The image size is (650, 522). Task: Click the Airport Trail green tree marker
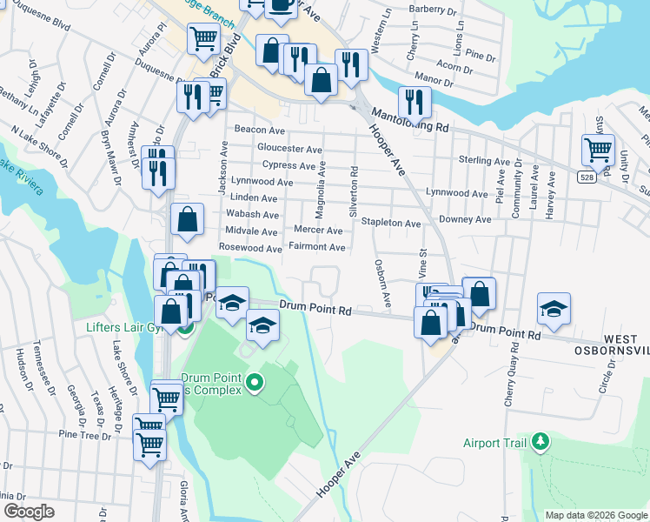coord(541,443)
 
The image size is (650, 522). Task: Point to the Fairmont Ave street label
coord(317,248)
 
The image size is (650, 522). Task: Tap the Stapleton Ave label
coord(391,223)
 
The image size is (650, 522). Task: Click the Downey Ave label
coord(465,221)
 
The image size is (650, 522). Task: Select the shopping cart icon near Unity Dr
coord(598,150)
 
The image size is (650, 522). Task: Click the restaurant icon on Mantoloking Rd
coord(415,102)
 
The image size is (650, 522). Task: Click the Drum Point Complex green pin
coord(254,382)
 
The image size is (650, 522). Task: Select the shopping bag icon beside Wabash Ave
coord(187,220)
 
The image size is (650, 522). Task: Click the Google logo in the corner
coord(29,511)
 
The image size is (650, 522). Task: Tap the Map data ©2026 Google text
coord(596,515)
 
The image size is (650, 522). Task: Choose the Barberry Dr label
coord(432,10)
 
